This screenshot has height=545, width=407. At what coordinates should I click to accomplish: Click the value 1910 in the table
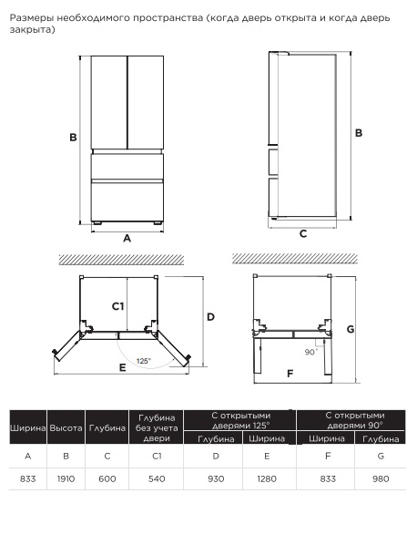pos(66,479)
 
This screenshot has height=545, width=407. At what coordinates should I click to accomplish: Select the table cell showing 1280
pos(267,479)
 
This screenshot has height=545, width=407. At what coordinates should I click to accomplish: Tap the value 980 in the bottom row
pos(381,479)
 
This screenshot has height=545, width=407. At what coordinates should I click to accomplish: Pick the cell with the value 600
pos(107,479)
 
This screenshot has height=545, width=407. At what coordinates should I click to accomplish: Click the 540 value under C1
pos(157,479)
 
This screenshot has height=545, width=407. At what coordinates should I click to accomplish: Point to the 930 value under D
pos(216,479)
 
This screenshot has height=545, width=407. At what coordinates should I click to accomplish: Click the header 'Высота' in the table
pos(66,427)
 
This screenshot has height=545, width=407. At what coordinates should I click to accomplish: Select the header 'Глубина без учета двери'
pos(157,427)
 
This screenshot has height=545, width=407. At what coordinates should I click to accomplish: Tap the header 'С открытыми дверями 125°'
pos(240,420)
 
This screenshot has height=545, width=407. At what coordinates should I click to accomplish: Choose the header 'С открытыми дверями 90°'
pos(355,420)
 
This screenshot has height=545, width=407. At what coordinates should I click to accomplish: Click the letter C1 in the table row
pos(157,456)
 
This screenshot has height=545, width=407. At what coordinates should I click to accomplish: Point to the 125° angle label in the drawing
pos(144,361)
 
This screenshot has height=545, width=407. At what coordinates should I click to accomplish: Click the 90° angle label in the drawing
pos(311,352)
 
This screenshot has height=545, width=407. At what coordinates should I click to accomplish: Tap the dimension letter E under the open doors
pos(123,367)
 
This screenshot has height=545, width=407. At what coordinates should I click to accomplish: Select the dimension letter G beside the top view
pos(351,329)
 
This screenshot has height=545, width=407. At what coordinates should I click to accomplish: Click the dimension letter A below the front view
pos(127,239)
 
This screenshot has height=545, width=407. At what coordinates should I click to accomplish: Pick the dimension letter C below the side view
pos(303,234)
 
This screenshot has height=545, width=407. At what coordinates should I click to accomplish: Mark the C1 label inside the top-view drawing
pos(117,306)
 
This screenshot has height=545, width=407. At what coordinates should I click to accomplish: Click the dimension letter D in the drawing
pos(211,317)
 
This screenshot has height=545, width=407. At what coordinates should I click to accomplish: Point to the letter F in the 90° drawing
pos(290,374)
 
